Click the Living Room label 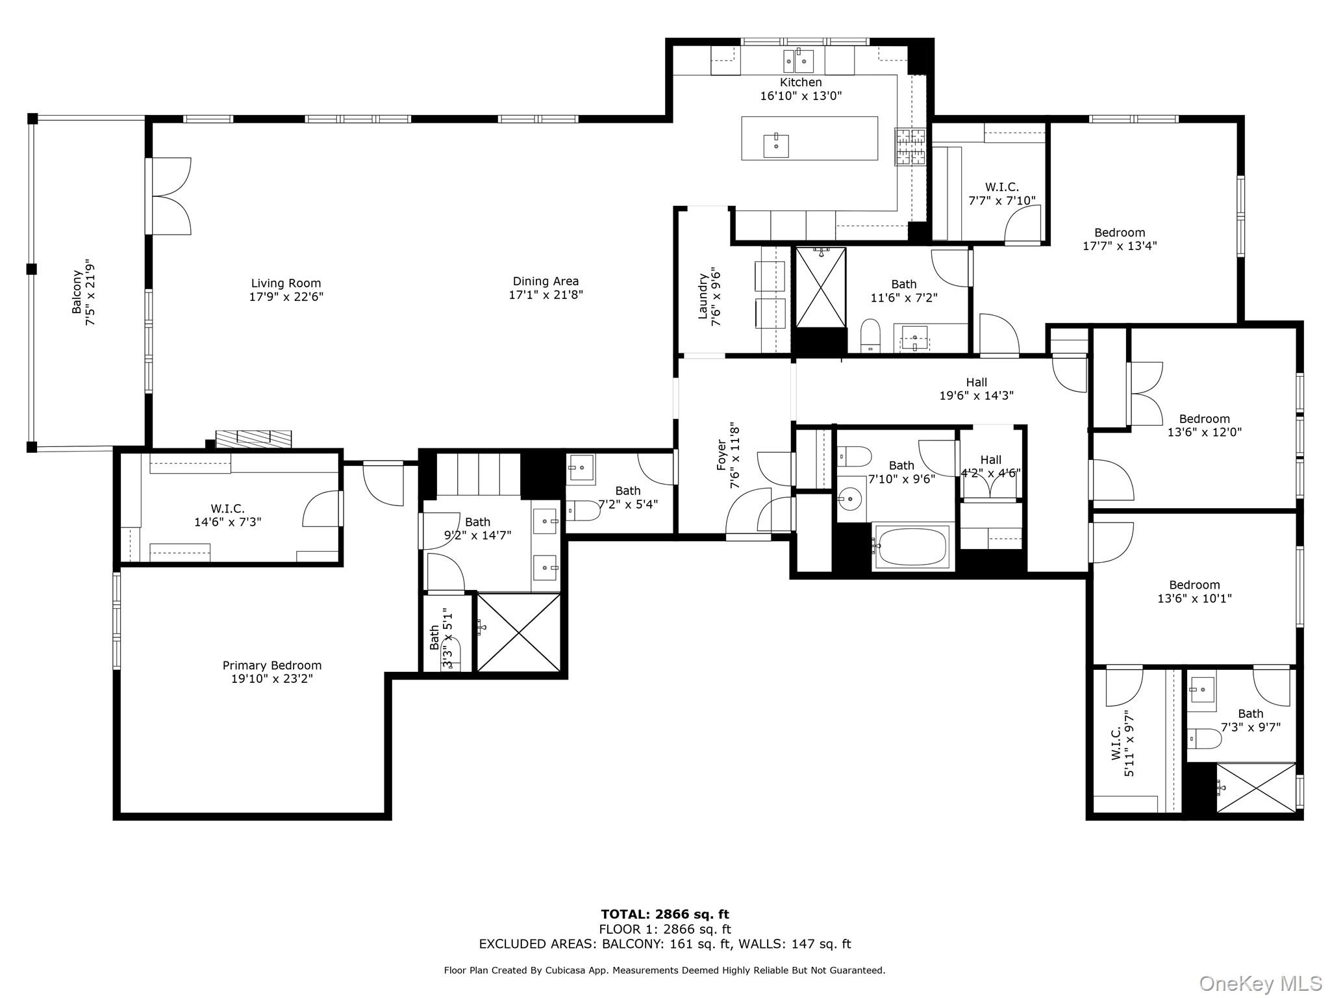(286, 283)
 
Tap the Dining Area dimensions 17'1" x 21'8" (546, 295)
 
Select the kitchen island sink (776, 146)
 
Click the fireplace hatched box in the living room (253, 439)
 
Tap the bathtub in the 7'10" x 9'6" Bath (913, 546)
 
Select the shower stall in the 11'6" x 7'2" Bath (821, 287)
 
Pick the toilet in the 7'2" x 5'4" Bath (584, 511)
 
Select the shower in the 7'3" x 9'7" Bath (1255, 787)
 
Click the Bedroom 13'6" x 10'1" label (1194, 591)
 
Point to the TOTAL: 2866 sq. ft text (664, 915)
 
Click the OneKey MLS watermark (1260, 983)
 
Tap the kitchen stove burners (910, 146)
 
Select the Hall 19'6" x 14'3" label (976, 389)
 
